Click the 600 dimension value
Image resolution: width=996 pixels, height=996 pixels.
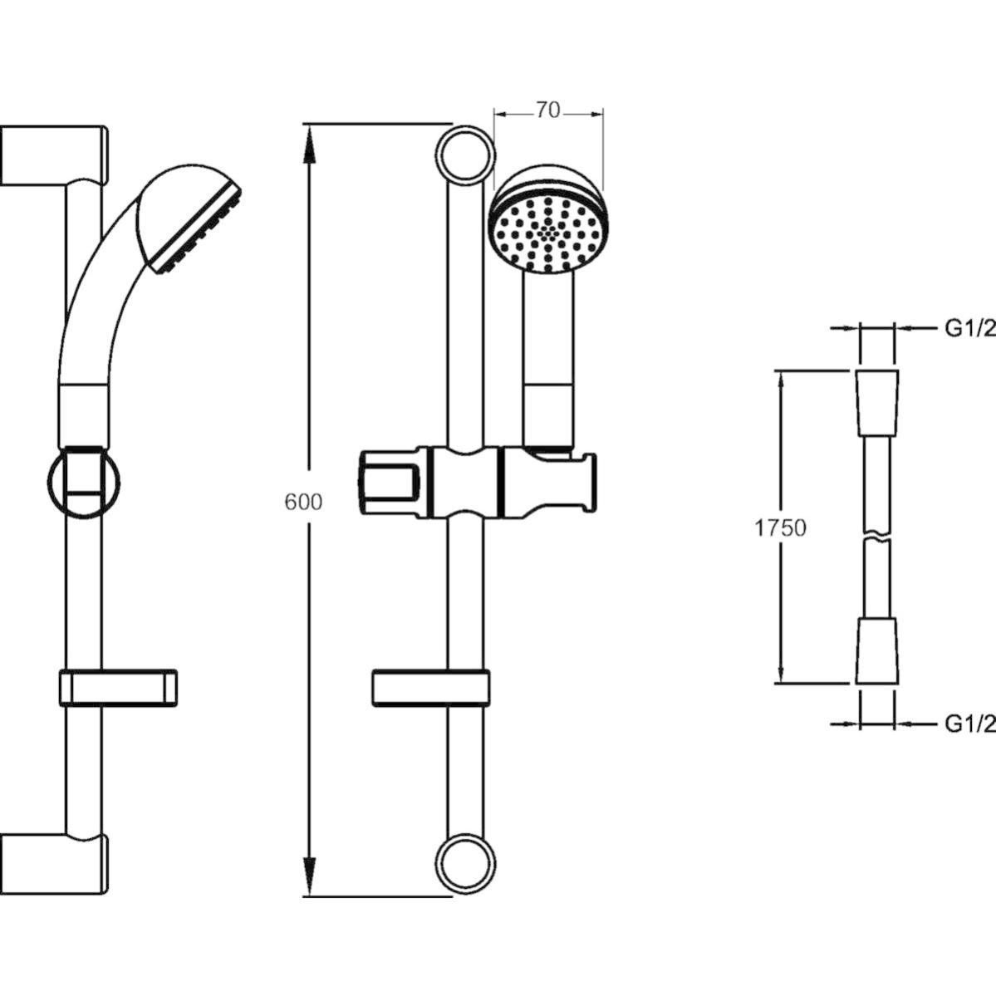click(x=303, y=502)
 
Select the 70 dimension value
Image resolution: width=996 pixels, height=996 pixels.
click(x=547, y=110)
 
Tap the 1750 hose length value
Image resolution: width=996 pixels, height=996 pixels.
click(x=780, y=527)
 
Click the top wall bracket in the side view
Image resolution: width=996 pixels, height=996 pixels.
click(x=53, y=155)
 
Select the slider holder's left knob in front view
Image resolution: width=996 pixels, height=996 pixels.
click(x=390, y=481)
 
